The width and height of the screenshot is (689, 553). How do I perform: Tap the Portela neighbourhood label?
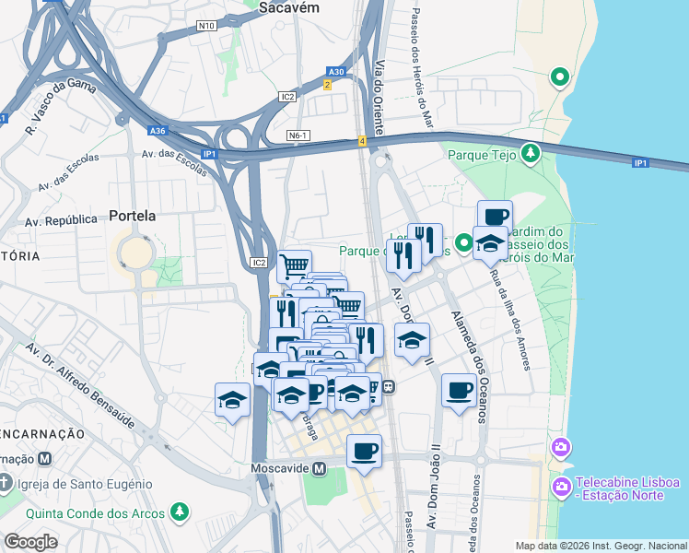click(x=132, y=216)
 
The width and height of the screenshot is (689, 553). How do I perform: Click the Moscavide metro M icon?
click(x=320, y=468)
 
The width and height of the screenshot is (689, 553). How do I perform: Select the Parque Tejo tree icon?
click(x=531, y=154)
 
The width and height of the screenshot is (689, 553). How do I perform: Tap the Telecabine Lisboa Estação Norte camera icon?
click(x=560, y=485)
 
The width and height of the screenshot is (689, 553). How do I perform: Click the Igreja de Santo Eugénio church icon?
click(x=6, y=483)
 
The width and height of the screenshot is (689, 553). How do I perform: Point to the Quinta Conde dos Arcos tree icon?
click(x=181, y=512)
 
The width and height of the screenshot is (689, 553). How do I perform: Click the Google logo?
click(x=30, y=541)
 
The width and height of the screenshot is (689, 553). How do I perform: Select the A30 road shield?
click(x=337, y=71)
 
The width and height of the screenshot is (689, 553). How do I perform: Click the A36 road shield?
click(x=158, y=131)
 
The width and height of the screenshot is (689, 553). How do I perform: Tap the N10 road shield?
click(x=206, y=26)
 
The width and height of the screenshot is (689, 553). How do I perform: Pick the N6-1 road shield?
click(x=298, y=135)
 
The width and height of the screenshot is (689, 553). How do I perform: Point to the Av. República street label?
click(x=61, y=220)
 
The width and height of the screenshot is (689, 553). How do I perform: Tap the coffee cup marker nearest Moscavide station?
click(x=365, y=452)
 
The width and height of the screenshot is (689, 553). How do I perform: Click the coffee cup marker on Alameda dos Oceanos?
click(x=459, y=390)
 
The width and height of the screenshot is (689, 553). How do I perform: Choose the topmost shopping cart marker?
click(x=294, y=266)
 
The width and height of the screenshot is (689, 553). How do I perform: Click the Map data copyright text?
click(x=601, y=546)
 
